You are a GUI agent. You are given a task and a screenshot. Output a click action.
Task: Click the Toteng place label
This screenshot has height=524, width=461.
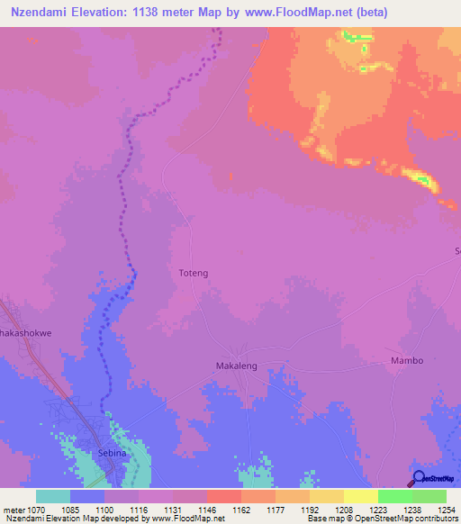click(194, 271)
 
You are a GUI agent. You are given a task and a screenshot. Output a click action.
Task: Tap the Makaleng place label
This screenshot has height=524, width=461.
click(238, 366)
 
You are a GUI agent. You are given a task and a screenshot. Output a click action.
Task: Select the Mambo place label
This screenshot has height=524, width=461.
click(406, 360)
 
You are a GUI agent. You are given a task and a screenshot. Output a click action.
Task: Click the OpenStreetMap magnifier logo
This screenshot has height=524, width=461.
click(418, 478)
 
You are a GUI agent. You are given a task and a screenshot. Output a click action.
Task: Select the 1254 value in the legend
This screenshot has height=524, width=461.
click(446, 509)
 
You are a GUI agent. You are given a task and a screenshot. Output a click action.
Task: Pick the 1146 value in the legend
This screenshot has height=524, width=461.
click(207, 509)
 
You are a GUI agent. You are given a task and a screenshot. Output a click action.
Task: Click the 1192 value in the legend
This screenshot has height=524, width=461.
click(310, 509)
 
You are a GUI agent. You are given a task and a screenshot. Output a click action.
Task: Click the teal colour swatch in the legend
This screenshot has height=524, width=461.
click(53, 496)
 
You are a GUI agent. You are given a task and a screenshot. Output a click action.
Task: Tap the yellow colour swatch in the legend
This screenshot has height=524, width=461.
click(361, 496)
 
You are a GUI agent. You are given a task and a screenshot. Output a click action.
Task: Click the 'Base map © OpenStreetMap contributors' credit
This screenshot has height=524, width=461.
click(382, 519)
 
